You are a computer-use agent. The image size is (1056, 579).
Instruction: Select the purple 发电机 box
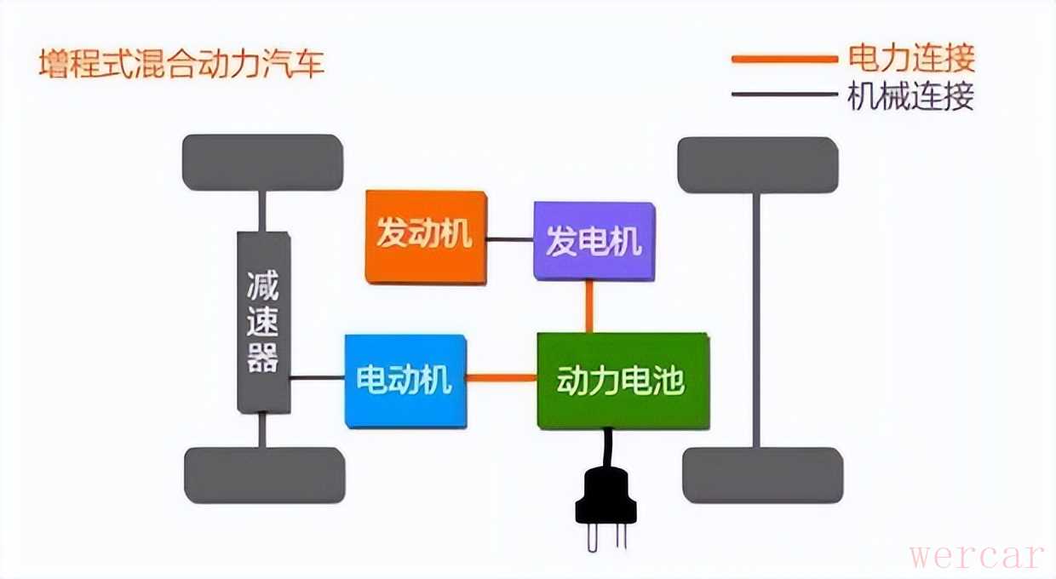(594, 242)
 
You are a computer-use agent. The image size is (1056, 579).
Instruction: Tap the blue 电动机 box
(405, 380)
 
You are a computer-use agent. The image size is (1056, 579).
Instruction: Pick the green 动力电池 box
(623, 380)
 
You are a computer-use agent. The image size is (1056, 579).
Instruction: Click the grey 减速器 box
(263, 323)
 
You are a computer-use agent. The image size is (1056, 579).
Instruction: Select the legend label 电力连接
(910, 59)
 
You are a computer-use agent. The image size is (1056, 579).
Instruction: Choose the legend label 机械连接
(910, 96)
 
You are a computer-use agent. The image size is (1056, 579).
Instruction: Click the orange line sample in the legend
(783, 59)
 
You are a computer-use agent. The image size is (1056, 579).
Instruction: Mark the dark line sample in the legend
(783, 94)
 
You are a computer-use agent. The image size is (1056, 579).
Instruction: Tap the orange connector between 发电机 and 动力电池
(588, 307)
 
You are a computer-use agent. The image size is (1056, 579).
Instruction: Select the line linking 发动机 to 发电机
(510, 240)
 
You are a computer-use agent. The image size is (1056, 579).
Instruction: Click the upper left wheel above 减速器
(262, 162)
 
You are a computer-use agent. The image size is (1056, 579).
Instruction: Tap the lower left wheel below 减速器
(264, 474)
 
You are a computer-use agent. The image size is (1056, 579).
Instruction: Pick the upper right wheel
(757, 164)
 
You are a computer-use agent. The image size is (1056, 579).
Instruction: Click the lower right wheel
(762, 475)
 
